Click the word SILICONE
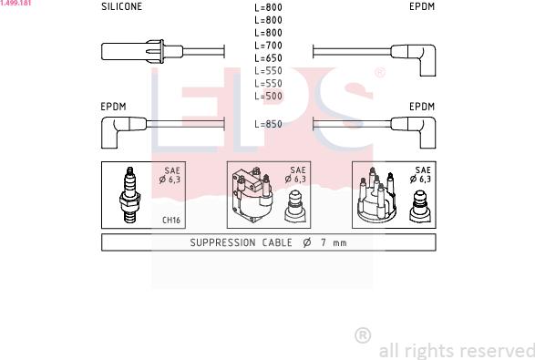tap(121, 6)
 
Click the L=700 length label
tap(268, 46)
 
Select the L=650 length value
tap(268, 58)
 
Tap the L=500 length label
tap(268, 97)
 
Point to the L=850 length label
tap(268, 124)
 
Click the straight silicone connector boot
tap(142, 52)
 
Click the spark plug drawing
tap(129, 195)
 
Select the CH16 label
tap(171, 220)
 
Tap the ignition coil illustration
tap(252, 195)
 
